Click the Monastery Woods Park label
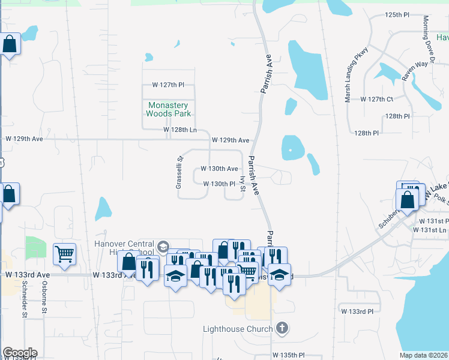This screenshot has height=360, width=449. coord(169,109)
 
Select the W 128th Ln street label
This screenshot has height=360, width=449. coord(180,130)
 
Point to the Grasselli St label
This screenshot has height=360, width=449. coord(179,172)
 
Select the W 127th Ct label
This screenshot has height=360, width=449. coord(377,99)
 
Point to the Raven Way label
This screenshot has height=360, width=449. coord(415,70)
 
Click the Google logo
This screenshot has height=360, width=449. coord(20,352)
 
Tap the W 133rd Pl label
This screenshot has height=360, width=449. coord(357,311)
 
